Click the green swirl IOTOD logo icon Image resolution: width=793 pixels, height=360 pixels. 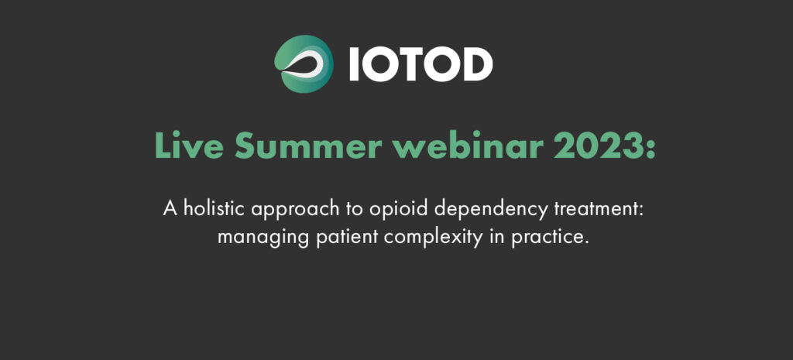click(304, 63)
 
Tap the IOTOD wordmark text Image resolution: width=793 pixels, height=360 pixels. click(421, 64)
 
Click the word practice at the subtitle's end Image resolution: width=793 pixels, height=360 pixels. click(551, 238)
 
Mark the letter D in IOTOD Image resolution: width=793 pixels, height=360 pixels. click(476, 64)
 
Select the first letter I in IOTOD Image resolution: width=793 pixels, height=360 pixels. click(353, 64)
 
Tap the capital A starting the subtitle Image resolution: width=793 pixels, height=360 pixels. click(170, 207)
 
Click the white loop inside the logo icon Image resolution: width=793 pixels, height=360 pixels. click(306, 66)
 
